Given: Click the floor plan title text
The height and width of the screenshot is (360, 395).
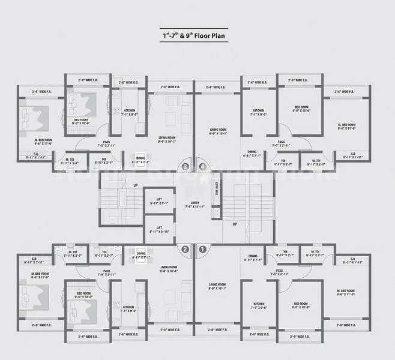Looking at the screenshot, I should pos(197,35).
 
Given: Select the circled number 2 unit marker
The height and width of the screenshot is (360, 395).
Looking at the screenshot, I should pos(185,249).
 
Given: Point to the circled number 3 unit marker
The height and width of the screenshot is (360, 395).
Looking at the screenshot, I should pos(185,167).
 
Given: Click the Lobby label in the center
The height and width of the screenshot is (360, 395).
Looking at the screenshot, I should pos(194,205).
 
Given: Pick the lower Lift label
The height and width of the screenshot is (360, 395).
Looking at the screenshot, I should pos(159,229).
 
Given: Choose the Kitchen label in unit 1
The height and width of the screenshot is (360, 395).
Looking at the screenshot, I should pos(258,305).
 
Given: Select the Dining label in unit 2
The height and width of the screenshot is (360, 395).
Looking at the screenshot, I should pos(141,255).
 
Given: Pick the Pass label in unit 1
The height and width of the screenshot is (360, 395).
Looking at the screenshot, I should pos(280,272).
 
